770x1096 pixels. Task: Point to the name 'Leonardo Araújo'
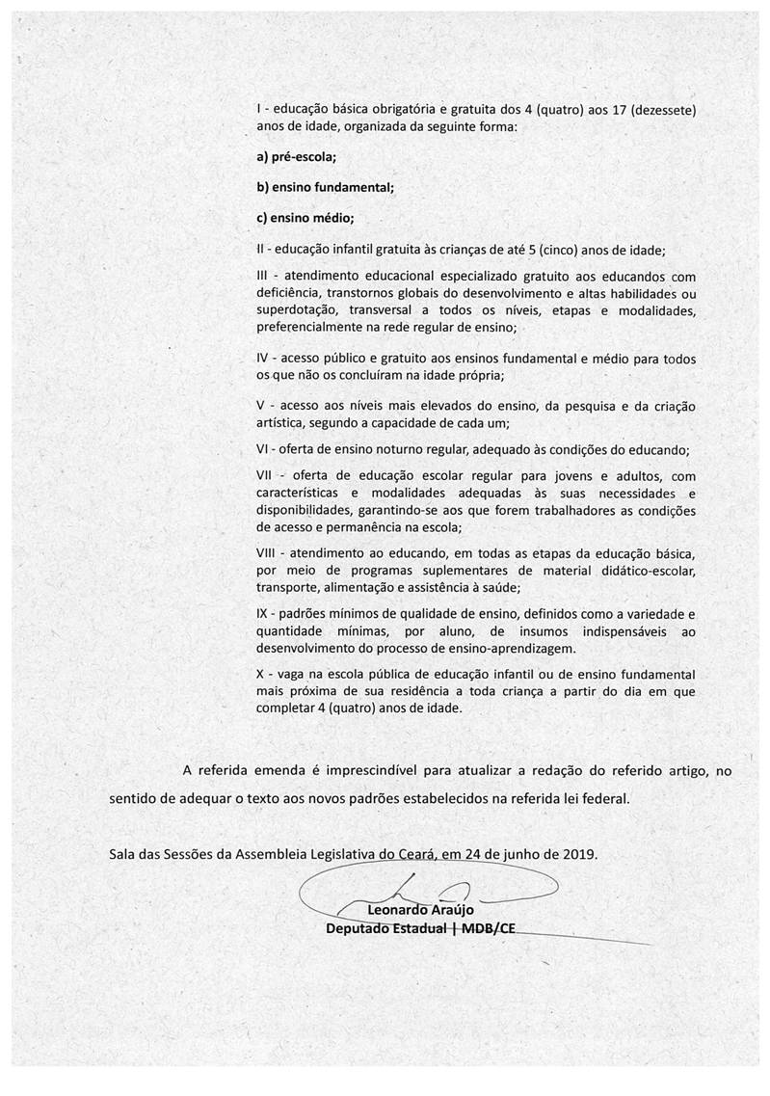click(x=417, y=909)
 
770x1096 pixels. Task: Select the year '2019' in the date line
click(x=578, y=854)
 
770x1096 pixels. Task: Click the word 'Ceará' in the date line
click(x=412, y=854)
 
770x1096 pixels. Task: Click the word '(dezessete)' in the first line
click(x=660, y=111)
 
